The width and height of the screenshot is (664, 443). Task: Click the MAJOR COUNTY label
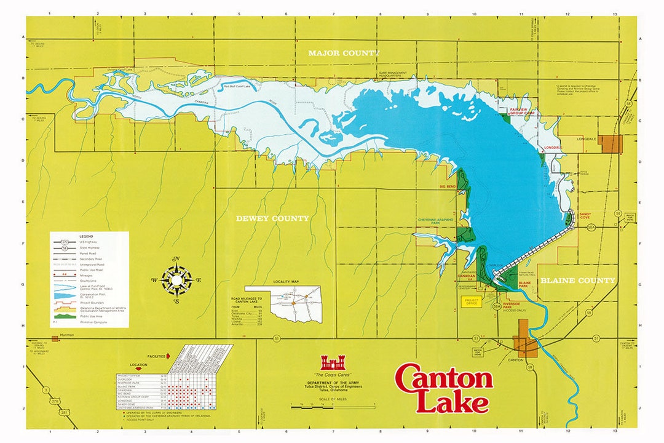pos(344,54)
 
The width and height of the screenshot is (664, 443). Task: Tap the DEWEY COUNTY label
pos(272,218)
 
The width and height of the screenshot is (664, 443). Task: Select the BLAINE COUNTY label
pos(578,281)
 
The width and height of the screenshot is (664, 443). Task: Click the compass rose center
pos(176,280)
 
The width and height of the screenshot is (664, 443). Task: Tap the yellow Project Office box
pos(472,301)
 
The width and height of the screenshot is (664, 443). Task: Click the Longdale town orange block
pos(612,144)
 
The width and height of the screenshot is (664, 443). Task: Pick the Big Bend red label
pos(447,185)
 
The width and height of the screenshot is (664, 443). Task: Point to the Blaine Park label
pos(524,285)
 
